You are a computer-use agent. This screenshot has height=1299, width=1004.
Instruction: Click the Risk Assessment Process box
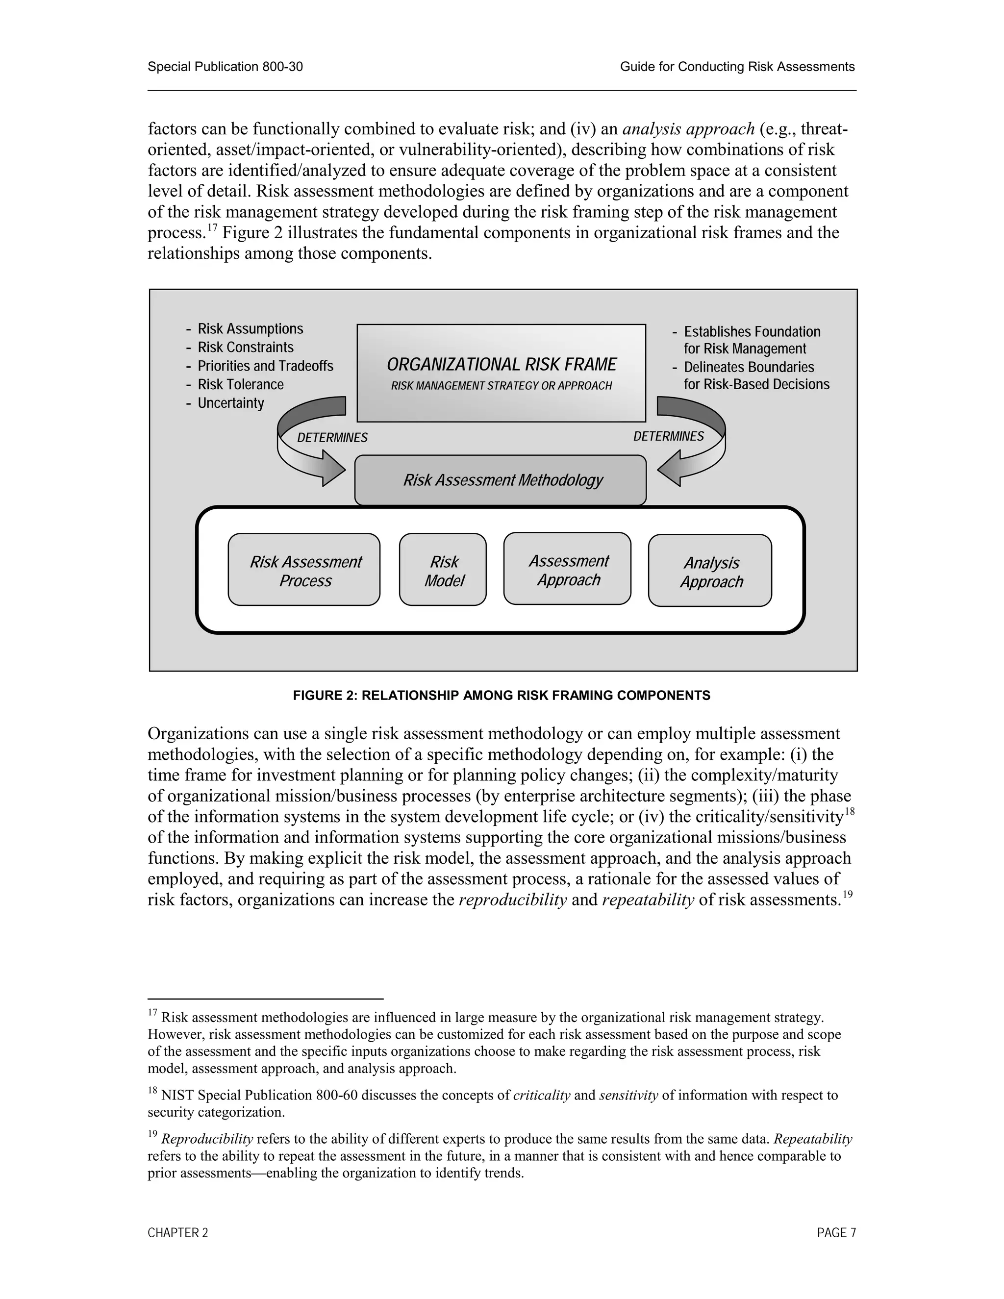coord(304,570)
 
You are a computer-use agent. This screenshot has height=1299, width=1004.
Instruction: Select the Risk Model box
coord(443,570)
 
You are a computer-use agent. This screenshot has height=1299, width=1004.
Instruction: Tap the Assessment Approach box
coord(567,569)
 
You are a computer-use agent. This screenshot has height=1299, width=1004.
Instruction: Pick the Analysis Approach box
coord(710,571)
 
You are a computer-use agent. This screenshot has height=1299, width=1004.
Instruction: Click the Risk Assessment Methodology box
coord(501,480)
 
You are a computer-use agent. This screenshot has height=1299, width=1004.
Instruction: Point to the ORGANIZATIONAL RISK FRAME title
coord(502,364)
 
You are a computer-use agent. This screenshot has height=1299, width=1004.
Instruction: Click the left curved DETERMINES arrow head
coord(332,468)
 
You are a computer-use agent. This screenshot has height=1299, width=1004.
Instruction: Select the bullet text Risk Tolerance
coord(240,384)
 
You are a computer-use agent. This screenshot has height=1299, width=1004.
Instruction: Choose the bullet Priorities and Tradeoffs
coord(265,366)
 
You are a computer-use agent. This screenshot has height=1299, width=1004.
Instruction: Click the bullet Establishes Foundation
coord(752,331)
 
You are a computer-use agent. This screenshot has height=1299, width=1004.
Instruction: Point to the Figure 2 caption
coord(502,695)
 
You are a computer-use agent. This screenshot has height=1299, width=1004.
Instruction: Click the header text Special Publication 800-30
coord(226,67)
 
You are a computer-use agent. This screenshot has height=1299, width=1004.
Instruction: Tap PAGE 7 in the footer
coord(836,1233)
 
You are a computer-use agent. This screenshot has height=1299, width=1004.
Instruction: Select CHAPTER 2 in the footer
coord(178,1233)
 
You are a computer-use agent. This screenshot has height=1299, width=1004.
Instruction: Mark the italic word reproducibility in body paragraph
coord(513,900)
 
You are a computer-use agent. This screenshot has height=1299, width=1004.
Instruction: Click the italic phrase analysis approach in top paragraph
coord(688,128)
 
